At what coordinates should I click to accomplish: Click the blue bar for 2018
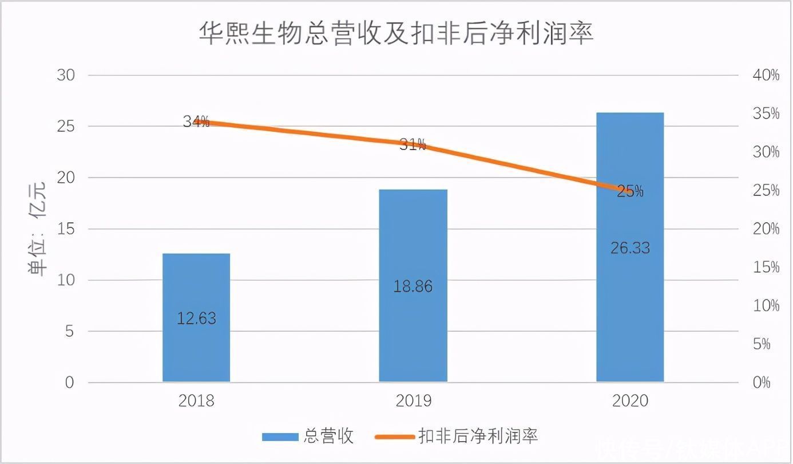point(196,344)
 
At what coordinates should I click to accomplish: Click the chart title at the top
point(396,34)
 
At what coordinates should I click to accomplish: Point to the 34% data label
point(196,121)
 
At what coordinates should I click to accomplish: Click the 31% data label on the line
point(413,144)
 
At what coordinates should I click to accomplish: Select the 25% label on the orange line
point(630,191)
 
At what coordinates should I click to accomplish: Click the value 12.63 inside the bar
point(196,318)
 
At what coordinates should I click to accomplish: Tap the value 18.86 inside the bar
point(413,286)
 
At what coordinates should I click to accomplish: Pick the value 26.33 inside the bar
point(630,248)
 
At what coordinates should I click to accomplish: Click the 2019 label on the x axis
point(413,400)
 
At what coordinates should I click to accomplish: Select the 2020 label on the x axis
point(630,400)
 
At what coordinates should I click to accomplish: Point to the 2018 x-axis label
point(196,400)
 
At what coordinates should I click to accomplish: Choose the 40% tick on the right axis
point(766,75)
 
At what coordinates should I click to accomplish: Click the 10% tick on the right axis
point(766,306)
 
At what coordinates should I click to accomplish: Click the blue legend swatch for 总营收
point(280,437)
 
